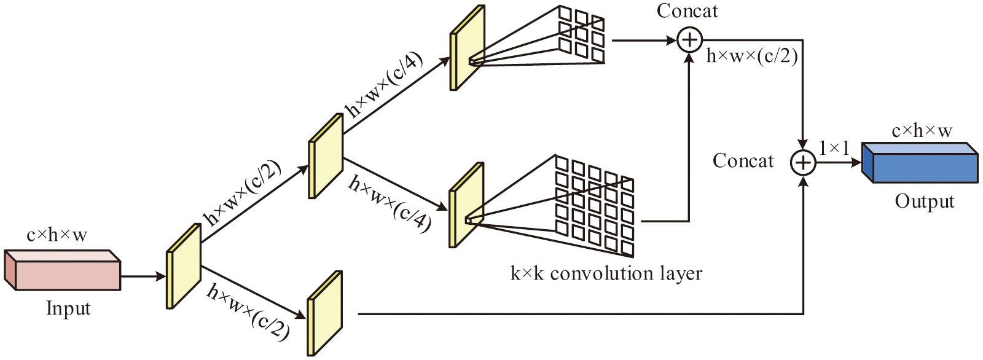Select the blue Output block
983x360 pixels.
click(920, 164)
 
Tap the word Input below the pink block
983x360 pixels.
click(68, 308)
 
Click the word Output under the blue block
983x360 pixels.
click(925, 202)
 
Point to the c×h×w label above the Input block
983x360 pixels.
click(57, 235)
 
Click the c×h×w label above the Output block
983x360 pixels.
click(922, 131)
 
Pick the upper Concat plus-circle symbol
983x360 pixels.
click(689, 41)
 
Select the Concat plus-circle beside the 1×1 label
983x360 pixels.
click(803, 163)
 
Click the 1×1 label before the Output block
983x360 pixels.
click(834, 148)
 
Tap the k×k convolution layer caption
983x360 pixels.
click(606, 273)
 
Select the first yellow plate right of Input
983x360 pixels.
click(184, 266)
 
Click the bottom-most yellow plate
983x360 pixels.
click(324, 313)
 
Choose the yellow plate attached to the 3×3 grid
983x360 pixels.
click(468, 48)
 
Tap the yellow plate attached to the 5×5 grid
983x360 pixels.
click(466, 205)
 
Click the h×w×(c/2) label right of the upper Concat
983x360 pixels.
click(752, 57)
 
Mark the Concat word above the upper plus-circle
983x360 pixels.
click(687, 11)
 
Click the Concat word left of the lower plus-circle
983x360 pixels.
click(743, 161)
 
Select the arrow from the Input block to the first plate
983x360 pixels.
click(143, 276)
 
